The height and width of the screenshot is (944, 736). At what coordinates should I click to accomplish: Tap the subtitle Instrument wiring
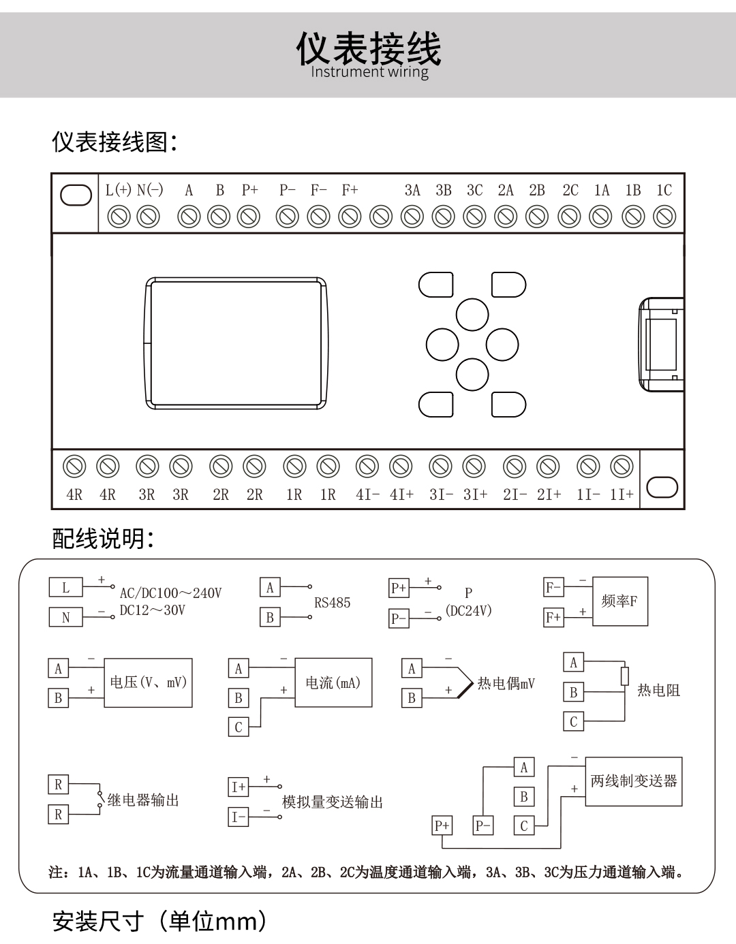369,72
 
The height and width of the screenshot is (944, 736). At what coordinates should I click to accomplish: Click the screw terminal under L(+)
119,217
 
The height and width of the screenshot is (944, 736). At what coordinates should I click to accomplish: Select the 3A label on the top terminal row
412,191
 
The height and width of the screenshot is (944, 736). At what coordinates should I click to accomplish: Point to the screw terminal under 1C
664,217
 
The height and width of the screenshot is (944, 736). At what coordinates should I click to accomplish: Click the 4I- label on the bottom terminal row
367,494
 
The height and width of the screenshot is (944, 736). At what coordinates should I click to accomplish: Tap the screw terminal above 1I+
622,467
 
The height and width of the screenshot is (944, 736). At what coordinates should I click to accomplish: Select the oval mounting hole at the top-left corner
76,195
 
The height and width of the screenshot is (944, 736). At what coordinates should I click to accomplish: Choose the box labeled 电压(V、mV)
148,682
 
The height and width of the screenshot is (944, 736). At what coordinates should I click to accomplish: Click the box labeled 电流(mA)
333,682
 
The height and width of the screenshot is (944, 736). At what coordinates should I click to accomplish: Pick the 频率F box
619,601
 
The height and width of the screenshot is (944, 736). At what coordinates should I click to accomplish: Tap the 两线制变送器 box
633,781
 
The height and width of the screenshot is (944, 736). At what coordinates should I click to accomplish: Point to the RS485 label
332,603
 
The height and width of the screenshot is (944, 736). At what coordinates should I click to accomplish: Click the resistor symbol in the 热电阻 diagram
624,676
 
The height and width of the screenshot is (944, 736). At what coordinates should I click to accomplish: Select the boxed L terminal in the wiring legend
65,587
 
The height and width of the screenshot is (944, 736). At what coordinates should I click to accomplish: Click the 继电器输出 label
143,800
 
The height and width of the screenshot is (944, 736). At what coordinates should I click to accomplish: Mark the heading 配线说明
103,538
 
